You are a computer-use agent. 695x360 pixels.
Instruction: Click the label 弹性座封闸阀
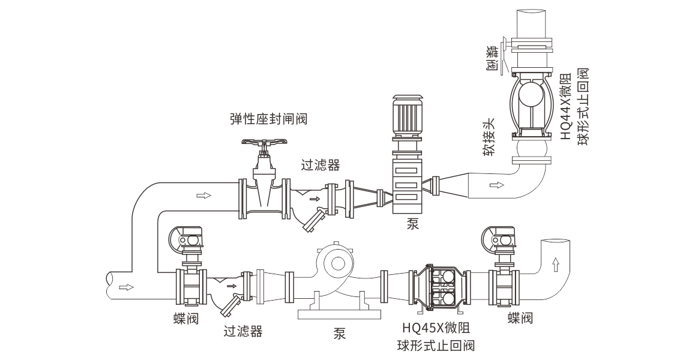pos(268,119)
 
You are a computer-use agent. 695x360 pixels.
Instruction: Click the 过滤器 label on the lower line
pos(243,331)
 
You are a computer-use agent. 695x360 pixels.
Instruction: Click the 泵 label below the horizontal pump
pos(339,334)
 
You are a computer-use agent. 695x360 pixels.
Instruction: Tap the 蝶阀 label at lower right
pos(520,317)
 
